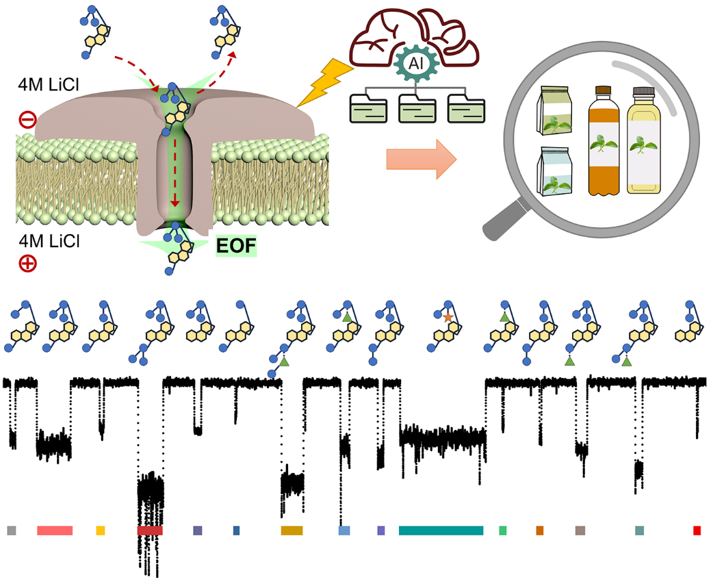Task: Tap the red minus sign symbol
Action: [27, 120]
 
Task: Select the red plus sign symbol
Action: [27, 264]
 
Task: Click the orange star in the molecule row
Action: [448, 318]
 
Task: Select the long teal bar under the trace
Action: [441, 531]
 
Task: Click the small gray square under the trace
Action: [11, 531]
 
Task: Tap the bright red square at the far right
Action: [697, 531]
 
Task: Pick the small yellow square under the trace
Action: [101, 531]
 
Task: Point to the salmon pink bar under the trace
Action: [55, 531]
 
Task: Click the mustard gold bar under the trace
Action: [292, 531]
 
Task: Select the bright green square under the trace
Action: [503, 531]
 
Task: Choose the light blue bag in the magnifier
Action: [560, 172]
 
